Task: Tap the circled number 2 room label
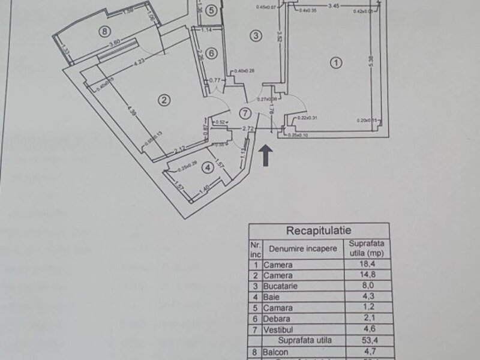[x=161, y=100]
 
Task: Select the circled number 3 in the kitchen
[x=256, y=37]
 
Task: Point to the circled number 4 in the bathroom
[x=207, y=167]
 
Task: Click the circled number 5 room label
[x=210, y=10]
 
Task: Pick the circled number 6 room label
[x=210, y=53]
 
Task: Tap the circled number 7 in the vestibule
[x=244, y=113]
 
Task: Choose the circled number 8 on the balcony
[x=105, y=31]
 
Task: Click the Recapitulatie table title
[x=319, y=230]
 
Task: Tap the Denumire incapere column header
[x=298, y=248]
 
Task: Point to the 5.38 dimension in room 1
[x=373, y=59]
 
